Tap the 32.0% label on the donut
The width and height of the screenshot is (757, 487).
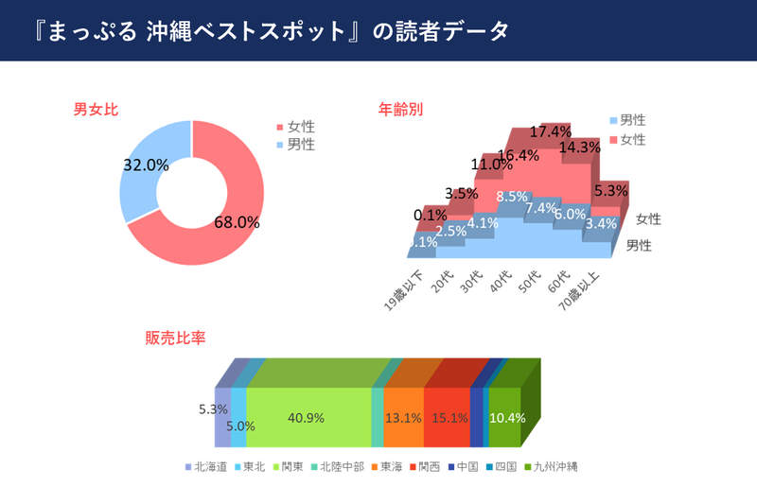(146, 165)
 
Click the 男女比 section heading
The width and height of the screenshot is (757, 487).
(96, 110)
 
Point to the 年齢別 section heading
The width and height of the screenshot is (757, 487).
(400, 110)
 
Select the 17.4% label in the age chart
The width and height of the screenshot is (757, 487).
(550, 131)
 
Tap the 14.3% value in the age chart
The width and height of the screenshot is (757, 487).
(580, 148)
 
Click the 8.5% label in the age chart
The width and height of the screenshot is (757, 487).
(512, 198)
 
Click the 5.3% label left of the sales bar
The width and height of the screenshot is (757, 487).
(213, 409)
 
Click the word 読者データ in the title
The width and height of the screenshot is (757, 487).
(451, 31)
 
